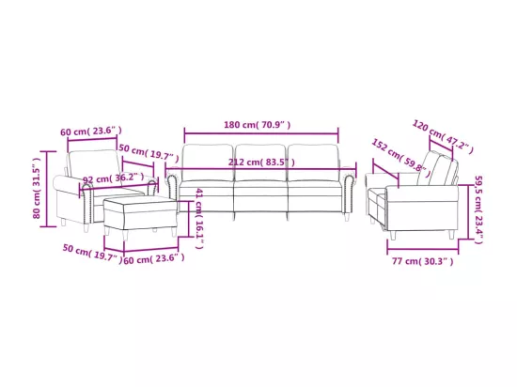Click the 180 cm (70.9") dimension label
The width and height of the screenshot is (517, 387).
[x=258, y=125]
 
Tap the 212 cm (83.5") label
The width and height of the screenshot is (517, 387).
[x=261, y=163]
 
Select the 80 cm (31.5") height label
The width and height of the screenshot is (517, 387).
[x=37, y=188]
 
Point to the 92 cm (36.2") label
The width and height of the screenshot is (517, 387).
[x=113, y=178]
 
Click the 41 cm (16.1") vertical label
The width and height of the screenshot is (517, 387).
[x=199, y=218]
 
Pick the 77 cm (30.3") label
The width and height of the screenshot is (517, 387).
[x=422, y=261]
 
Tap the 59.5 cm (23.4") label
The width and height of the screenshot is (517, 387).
[x=478, y=209]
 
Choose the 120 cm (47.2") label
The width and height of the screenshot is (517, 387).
[x=443, y=137]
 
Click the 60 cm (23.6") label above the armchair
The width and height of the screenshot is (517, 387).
[x=91, y=132]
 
